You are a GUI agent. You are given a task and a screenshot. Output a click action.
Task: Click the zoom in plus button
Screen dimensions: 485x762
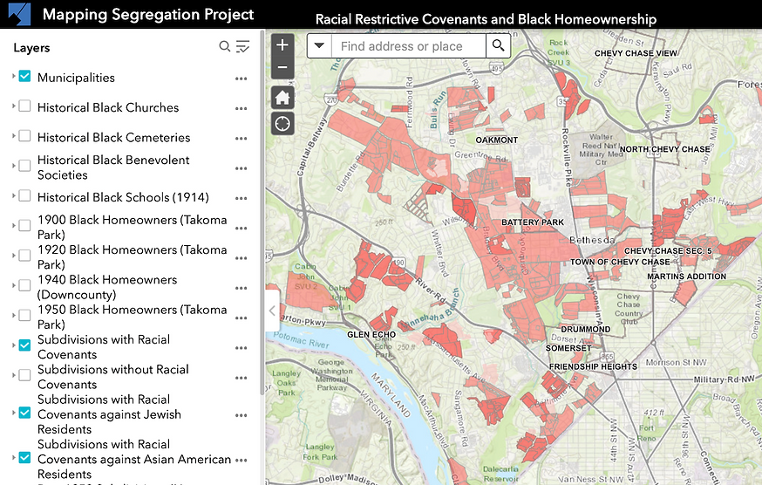(x=282, y=45)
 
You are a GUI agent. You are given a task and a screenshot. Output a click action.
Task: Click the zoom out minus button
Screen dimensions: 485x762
(x=282, y=67)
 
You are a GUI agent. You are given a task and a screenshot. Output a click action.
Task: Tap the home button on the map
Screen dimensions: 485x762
(x=282, y=97)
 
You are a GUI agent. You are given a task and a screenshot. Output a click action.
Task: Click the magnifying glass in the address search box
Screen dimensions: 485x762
(x=498, y=46)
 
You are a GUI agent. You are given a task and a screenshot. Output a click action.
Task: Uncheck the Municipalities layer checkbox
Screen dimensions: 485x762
(x=24, y=77)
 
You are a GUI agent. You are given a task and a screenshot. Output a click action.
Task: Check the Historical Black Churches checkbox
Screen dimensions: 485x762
(x=24, y=106)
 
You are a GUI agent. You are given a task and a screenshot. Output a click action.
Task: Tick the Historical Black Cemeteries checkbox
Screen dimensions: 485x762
(x=24, y=136)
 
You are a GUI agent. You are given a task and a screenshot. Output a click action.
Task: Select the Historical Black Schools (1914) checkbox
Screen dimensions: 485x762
(x=24, y=196)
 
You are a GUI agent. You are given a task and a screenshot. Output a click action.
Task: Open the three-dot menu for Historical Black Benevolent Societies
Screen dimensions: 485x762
(x=242, y=167)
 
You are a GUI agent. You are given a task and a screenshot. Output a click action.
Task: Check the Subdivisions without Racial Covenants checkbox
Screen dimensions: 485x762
(x=24, y=375)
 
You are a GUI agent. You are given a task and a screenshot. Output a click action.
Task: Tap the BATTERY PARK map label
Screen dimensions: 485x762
(x=533, y=222)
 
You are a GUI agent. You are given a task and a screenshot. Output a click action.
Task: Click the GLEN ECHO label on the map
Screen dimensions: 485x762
(x=372, y=334)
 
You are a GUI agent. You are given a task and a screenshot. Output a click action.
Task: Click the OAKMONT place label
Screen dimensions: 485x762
(x=496, y=140)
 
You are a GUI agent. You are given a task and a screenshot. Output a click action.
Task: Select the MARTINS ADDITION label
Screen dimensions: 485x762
(x=686, y=277)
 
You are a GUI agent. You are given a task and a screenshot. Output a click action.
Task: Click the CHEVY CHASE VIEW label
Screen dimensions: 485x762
(x=636, y=53)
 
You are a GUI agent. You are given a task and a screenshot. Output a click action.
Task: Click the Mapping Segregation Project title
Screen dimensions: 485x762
(x=148, y=15)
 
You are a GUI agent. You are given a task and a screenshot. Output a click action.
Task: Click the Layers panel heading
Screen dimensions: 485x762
(x=31, y=48)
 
